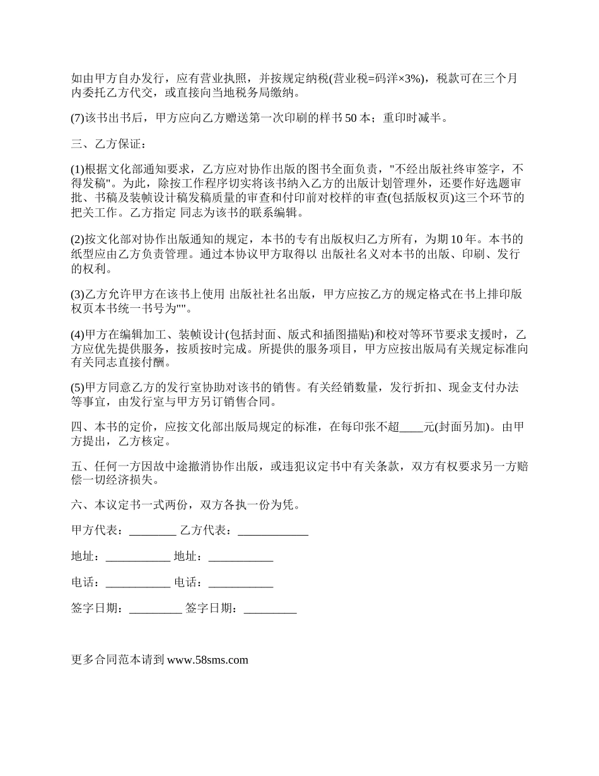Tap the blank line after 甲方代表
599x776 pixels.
[x=152, y=531]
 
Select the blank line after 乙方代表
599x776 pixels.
[x=272, y=531]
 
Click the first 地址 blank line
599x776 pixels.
[x=137, y=557]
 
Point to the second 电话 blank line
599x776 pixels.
[x=240, y=583]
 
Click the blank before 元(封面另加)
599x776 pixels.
[x=412, y=427]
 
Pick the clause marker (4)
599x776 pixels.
[x=78, y=334]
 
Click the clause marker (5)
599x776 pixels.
[x=78, y=387]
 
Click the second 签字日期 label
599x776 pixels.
[x=211, y=609]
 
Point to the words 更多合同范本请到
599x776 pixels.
[x=118, y=661]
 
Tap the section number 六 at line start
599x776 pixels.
[x=77, y=505]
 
